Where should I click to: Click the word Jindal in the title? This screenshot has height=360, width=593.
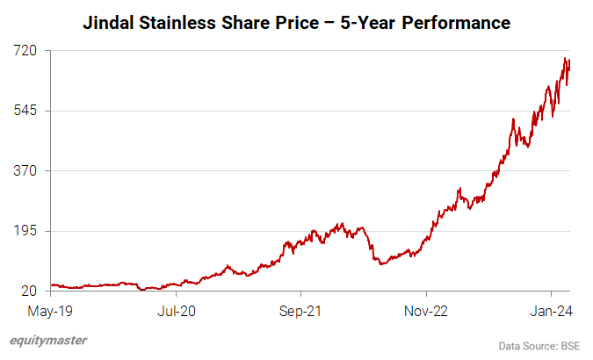(x=110, y=22)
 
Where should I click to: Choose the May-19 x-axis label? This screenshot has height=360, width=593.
(x=51, y=310)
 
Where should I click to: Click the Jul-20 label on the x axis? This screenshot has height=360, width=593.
(x=176, y=310)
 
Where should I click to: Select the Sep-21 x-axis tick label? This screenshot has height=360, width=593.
(x=300, y=310)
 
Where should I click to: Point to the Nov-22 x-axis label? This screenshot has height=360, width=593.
(x=426, y=310)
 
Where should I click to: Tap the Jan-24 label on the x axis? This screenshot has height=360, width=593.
(x=551, y=310)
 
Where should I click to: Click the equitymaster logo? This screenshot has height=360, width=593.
(x=48, y=340)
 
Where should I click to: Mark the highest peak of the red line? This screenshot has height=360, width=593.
(x=565, y=58)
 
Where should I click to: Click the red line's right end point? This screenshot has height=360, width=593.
(x=570, y=61)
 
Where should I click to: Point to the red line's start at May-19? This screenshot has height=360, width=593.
(x=51, y=284)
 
